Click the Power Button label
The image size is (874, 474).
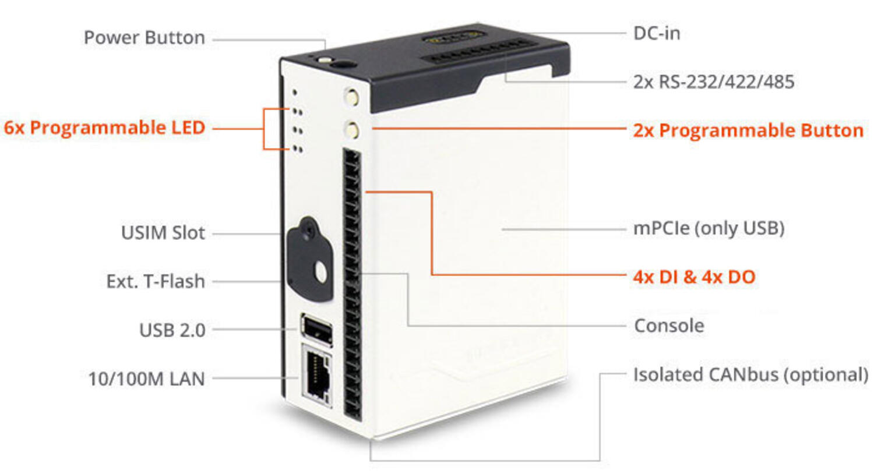pyautogui.click(x=144, y=38)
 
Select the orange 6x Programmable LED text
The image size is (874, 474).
pyautogui.click(x=104, y=128)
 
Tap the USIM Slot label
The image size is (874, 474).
pyautogui.click(x=163, y=233)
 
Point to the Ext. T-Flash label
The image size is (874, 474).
pyautogui.click(x=155, y=281)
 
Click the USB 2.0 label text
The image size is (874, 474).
pyautogui.click(x=172, y=330)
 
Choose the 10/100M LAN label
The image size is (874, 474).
pyautogui.click(x=146, y=379)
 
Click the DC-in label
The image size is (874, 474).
pyautogui.click(x=656, y=33)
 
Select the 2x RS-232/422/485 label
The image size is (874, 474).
pyautogui.click(x=713, y=82)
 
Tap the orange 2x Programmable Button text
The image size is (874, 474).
pyautogui.click(x=748, y=130)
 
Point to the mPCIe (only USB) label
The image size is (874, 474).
pyautogui.click(x=708, y=228)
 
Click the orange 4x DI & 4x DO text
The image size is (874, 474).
pyautogui.click(x=693, y=277)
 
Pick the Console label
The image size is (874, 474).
pyautogui.click(x=668, y=326)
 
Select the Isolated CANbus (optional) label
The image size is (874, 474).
pyautogui.click(x=750, y=374)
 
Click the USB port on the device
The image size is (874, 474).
pyautogui.click(x=316, y=329)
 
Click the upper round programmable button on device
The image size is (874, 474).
pyautogui.click(x=351, y=97)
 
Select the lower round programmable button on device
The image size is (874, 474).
pyautogui.click(x=351, y=129)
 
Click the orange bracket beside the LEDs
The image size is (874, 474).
pyautogui.click(x=265, y=129)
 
